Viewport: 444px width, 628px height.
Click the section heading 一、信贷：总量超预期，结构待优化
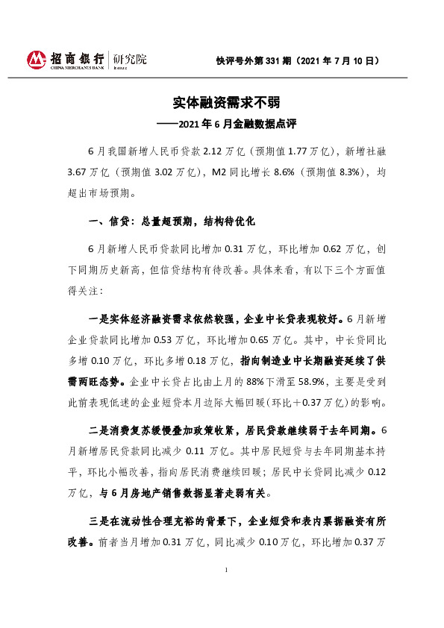click(172, 222)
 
